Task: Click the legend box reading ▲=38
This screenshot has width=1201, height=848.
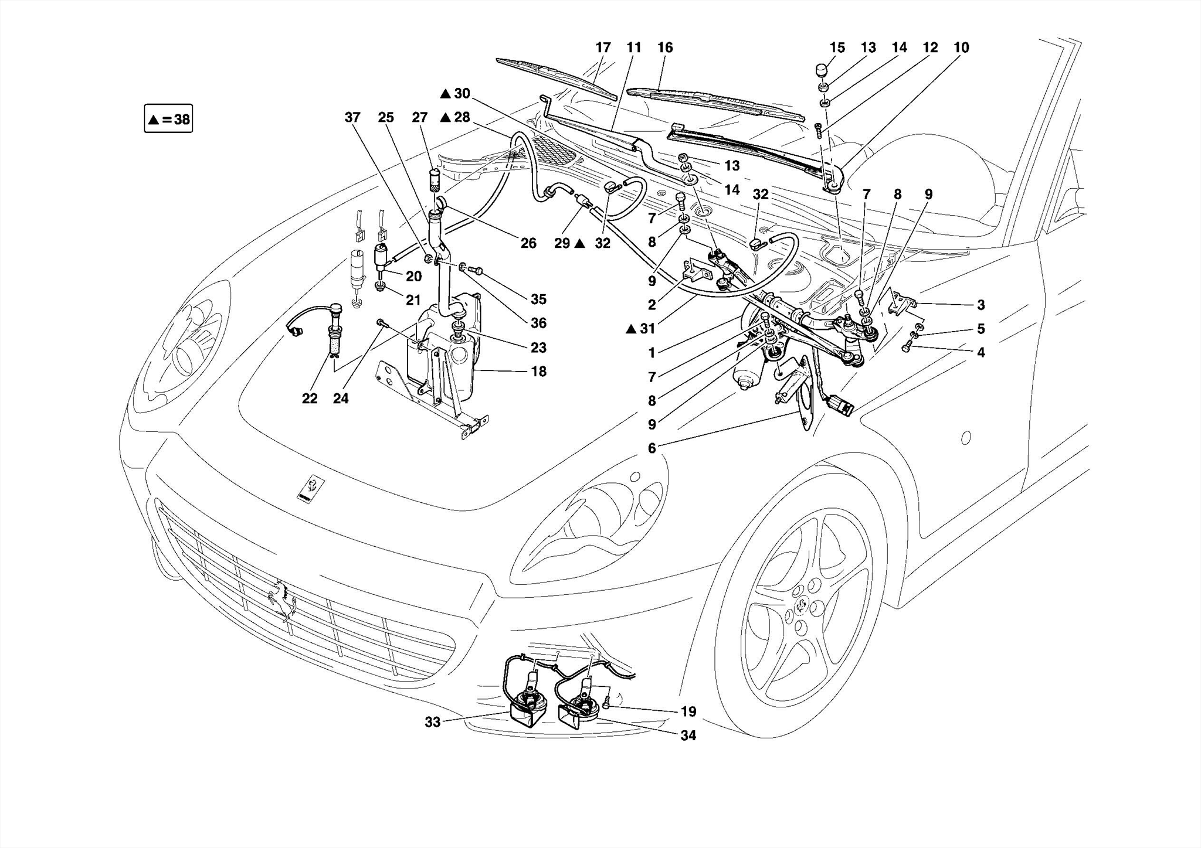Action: point(168,120)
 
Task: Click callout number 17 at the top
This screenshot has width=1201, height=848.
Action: point(603,47)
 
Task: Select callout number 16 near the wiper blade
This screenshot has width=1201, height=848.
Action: point(665,47)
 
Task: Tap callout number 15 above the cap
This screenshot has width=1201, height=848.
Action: point(837,47)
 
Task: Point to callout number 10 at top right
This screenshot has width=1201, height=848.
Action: point(961,47)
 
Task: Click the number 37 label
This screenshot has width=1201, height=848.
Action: point(352,117)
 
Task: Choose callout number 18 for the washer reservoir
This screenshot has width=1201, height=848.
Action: point(538,372)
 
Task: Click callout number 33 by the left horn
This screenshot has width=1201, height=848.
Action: point(432,723)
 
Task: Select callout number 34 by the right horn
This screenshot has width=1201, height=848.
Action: point(688,735)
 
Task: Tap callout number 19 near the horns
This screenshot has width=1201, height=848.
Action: point(688,711)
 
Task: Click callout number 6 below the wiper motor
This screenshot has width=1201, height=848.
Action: point(652,448)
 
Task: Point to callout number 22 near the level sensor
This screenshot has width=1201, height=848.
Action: point(310,399)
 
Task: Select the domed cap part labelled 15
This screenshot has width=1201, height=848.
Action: point(822,70)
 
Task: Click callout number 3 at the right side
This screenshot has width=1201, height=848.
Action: point(981,305)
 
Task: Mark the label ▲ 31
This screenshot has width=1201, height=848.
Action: point(640,329)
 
